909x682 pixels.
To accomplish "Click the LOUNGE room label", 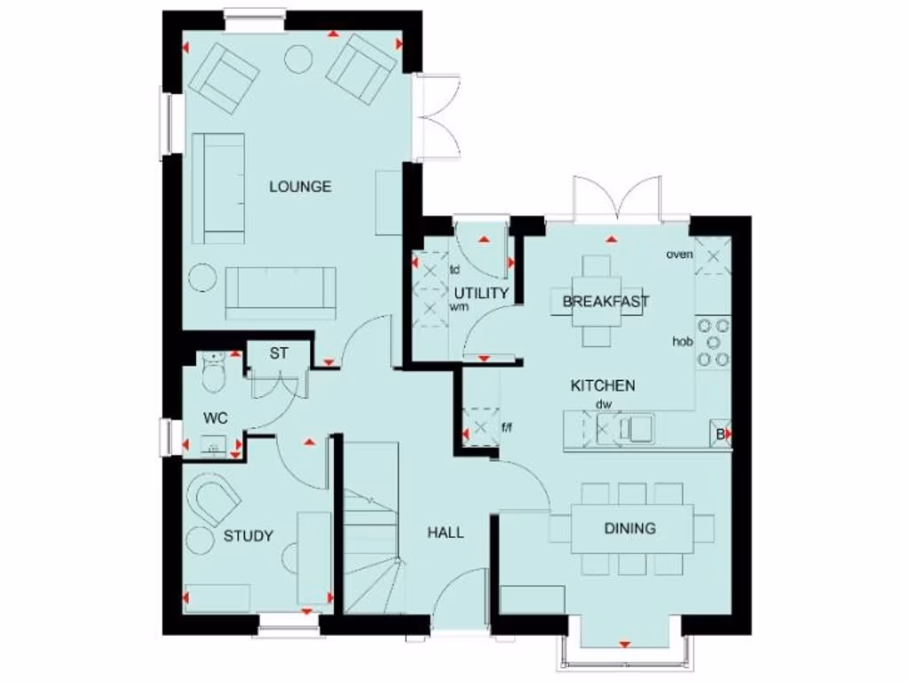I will [300, 186].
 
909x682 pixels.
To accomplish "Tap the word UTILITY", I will [481, 293].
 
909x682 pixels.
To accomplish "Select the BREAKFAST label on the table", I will [605, 302].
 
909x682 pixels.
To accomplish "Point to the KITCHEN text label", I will [602, 385].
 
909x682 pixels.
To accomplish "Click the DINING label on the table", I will [629, 528].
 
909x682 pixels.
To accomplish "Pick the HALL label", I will [446, 533].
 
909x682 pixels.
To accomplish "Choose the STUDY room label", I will [248, 535].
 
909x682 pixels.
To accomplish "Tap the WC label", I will [215, 416].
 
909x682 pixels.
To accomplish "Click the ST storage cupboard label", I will [279, 353].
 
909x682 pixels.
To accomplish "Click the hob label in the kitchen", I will [681, 341].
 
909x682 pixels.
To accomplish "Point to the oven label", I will [679, 255].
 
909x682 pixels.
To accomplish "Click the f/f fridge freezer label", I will [507, 428].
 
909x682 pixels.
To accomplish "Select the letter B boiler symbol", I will [721, 434].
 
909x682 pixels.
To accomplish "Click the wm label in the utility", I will [458, 306].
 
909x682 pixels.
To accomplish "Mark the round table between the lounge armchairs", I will [297, 58].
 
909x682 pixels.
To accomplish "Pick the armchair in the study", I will [214, 499].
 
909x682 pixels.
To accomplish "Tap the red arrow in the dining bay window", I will [624, 644].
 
